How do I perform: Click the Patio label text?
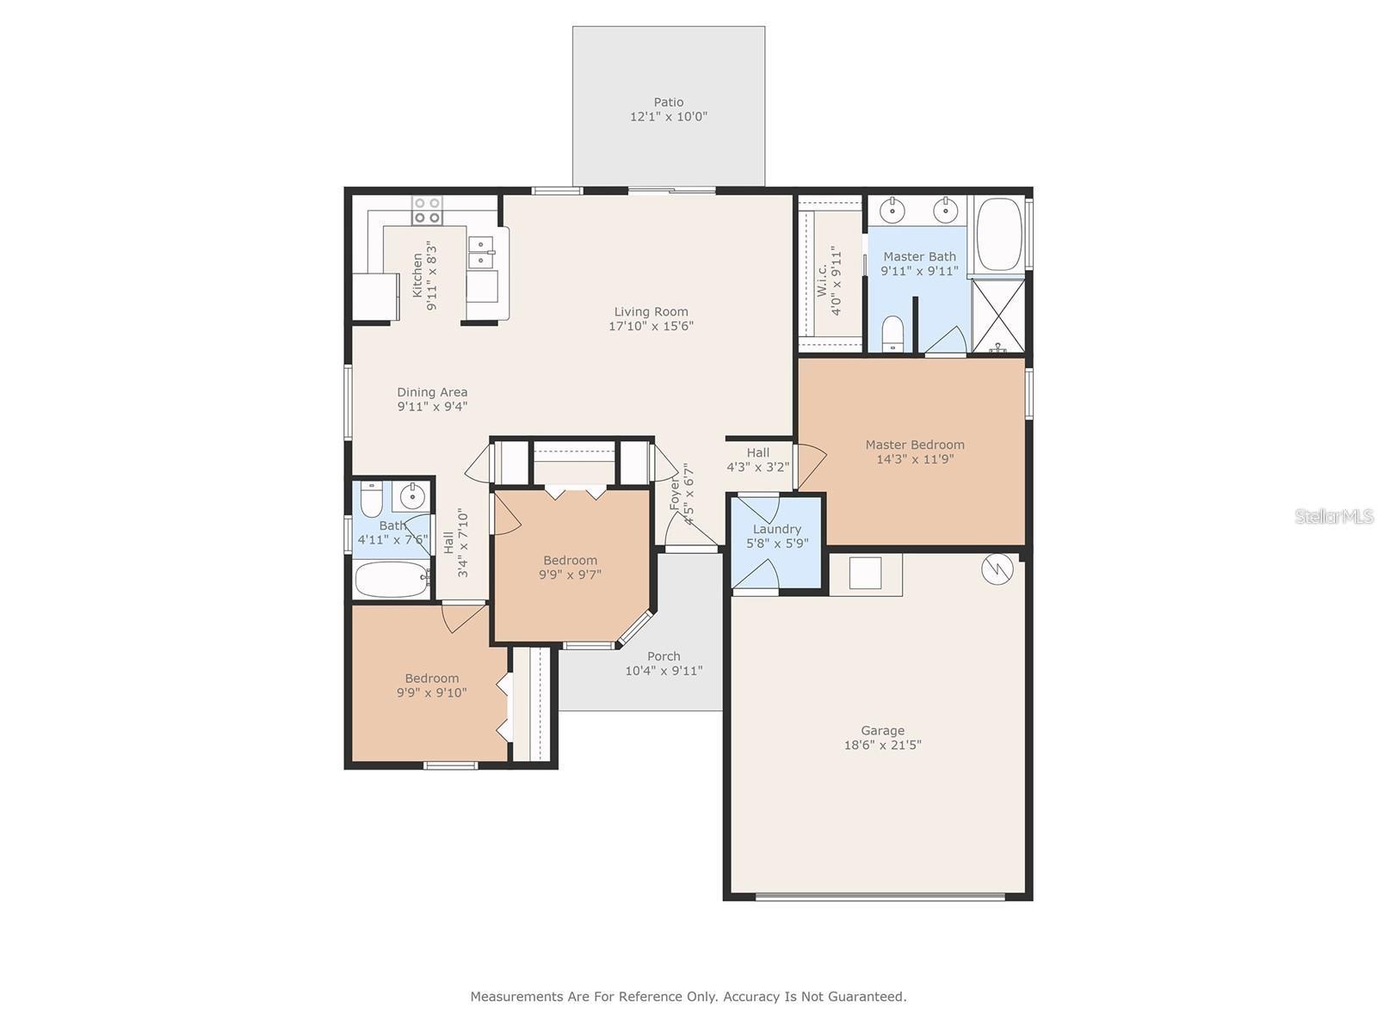[668, 102]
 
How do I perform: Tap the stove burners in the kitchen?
[427, 210]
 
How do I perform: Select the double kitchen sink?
[480, 254]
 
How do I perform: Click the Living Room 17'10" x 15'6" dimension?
[651, 326]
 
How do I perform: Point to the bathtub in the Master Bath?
[999, 235]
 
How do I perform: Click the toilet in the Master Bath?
[893, 333]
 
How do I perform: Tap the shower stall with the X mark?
[998, 315]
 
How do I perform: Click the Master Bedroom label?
[914, 445]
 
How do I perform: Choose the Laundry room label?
[776, 529]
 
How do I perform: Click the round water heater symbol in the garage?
[997, 568]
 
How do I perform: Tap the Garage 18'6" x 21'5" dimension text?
[882, 746]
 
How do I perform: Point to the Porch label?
[664, 656]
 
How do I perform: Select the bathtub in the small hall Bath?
[391, 580]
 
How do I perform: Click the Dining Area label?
[432, 392]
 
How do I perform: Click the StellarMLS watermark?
[1333, 516]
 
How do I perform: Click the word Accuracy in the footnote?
[751, 997]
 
